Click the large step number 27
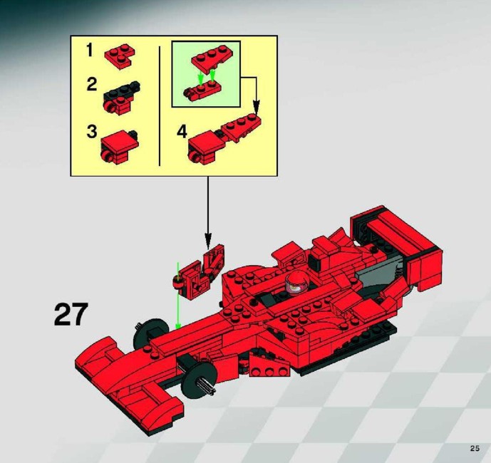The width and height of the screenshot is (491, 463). (71, 314)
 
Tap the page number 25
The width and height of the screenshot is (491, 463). (475, 448)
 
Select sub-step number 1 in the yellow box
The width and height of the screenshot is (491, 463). (90, 50)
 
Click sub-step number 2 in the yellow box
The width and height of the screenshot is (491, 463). (92, 84)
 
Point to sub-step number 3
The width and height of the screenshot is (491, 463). (92, 132)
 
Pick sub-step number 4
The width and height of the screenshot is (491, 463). (182, 132)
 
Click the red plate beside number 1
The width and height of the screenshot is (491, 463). (120, 56)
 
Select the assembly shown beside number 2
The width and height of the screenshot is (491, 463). (121, 98)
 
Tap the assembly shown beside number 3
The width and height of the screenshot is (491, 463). (119, 147)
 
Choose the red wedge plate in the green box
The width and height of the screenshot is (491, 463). (212, 59)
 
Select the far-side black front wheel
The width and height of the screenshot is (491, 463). (148, 333)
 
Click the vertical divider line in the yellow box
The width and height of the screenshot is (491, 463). (160, 106)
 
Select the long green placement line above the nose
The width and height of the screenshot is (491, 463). (178, 296)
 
